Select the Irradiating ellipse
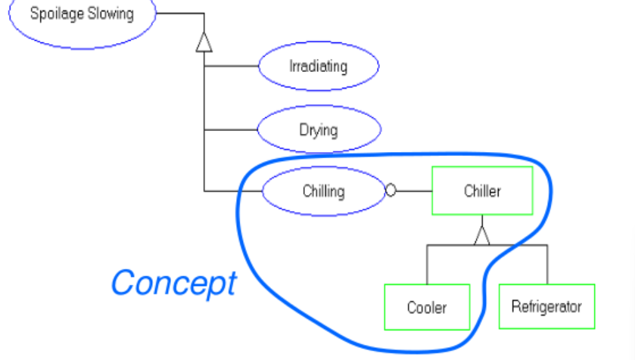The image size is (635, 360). point(319,67)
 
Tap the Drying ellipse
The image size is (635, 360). point(319,129)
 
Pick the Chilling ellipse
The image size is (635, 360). point(323,191)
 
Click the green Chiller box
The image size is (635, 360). point(482,191)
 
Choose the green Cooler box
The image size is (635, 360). point(427,307)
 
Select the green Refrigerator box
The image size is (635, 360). point(546,306)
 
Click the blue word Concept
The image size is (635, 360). point(173,283)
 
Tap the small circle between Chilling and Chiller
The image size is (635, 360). point(391,191)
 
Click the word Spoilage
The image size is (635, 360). point(55,14)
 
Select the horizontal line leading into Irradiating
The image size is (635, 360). point(231,67)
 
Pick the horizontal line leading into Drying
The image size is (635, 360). point(231,129)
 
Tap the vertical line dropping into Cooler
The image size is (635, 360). point(427,265)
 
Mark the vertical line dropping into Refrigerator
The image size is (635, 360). point(546,265)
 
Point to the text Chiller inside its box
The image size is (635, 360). point(482,191)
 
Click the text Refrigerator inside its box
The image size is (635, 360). point(546,306)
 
